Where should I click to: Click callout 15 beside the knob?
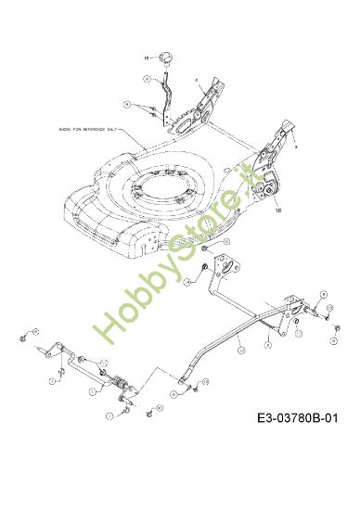(x=145, y=57)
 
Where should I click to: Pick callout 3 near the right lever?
(x=295, y=147)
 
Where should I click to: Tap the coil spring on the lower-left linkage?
(x=122, y=383)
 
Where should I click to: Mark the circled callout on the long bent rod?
(x=239, y=351)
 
